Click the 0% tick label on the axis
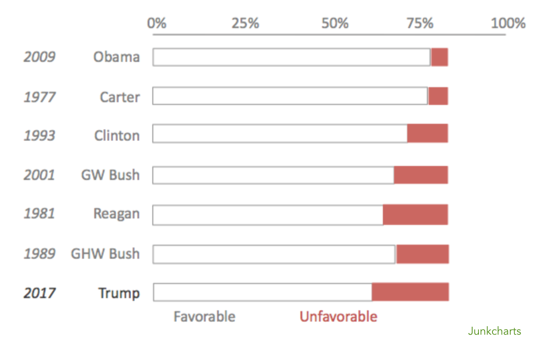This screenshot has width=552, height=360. pyautogui.click(x=157, y=23)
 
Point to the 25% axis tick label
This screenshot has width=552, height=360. pyautogui.click(x=246, y=23)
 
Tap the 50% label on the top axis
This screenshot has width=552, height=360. pyautogui.click(x=335, y=23)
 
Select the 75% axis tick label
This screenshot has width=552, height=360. pyautogui.click(x=419, y=23)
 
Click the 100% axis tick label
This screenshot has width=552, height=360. pyautogui.click(x=508, y=23)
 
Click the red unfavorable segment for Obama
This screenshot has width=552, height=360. pyautogui.click(x=440, y=57)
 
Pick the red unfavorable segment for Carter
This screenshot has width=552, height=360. pyautogui.click(x=438, y=96)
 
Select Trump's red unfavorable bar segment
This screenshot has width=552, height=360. pyautogui.click(x=410, y=292)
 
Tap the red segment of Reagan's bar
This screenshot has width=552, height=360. pyautogui.click(x=415, y=215)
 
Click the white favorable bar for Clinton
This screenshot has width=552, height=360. pyautogui.click(x=280, y=134)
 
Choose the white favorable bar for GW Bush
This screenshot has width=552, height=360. pyautogui.click(x=273, y=175)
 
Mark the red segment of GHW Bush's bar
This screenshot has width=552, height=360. pyautogui.click(x=423, y=254)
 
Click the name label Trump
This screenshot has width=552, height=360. pyautogui.click(x=119, y=293)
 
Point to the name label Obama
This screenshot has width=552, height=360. pyautogui.click(x=116, y=57)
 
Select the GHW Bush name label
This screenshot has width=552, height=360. pyautogui.click(x=105, y=254)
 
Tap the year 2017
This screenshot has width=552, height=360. pyautogui.click(x=39, y=293)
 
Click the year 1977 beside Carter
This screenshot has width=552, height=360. pyautogui.click(x=39, y=97)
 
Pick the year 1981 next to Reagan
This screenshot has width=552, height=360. pyautogui.click(x=39, y=214)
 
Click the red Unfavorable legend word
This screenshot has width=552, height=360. pyautogui.click(x=338, y=317)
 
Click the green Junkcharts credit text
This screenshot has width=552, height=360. pyautogui.click(x=494, y=331)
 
